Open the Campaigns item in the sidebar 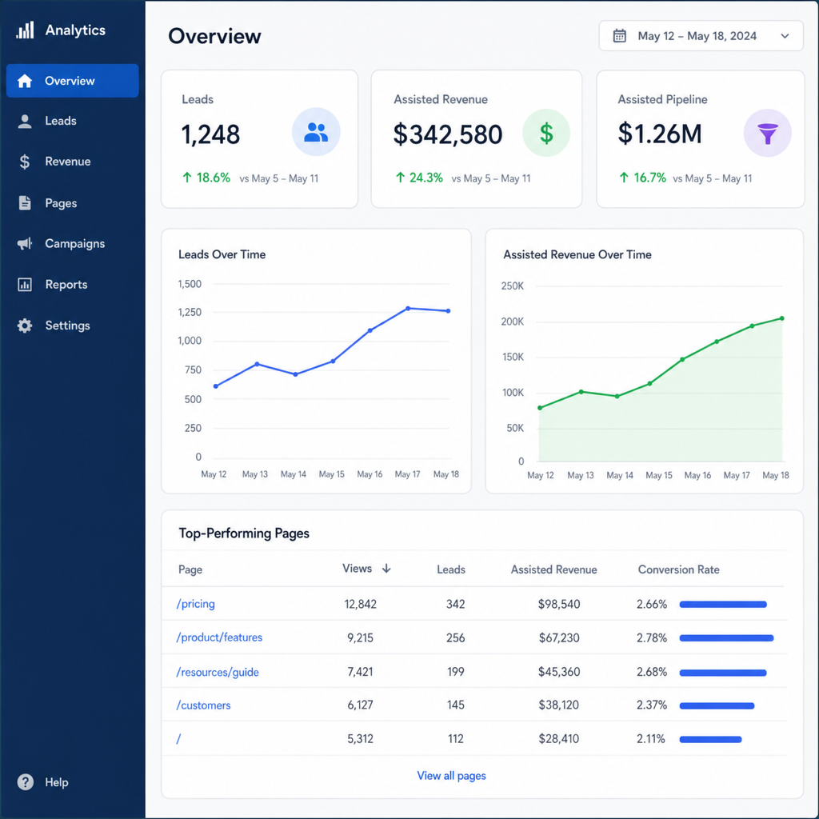click(x=74, y=243)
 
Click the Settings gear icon click(x=25, y=326)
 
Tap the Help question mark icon click(x=25, y=782)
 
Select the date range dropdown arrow click(x=785, y=36)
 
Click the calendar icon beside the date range click(x=620, y=36)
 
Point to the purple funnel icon click(x=767, y=134)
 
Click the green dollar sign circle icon click(x=546, y=133)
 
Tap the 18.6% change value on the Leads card click(x=213, y=178)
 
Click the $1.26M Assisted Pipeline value click(x=660, y=134)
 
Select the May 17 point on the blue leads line click(x=408, y=308)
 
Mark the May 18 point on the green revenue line click(x=782, y=318)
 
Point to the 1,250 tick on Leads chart click(x=190, y=312)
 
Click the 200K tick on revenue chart click(x=513, y=322)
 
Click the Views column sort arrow click(x=386, y=569)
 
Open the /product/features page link click(x=219, y=637)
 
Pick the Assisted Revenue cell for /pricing click(x=559, y=605)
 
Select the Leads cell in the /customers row click(x=455, y=705)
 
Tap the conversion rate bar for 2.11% click(x=710, y=739)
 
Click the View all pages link click(x=451, y=776)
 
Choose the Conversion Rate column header click(x=678, y=569)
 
